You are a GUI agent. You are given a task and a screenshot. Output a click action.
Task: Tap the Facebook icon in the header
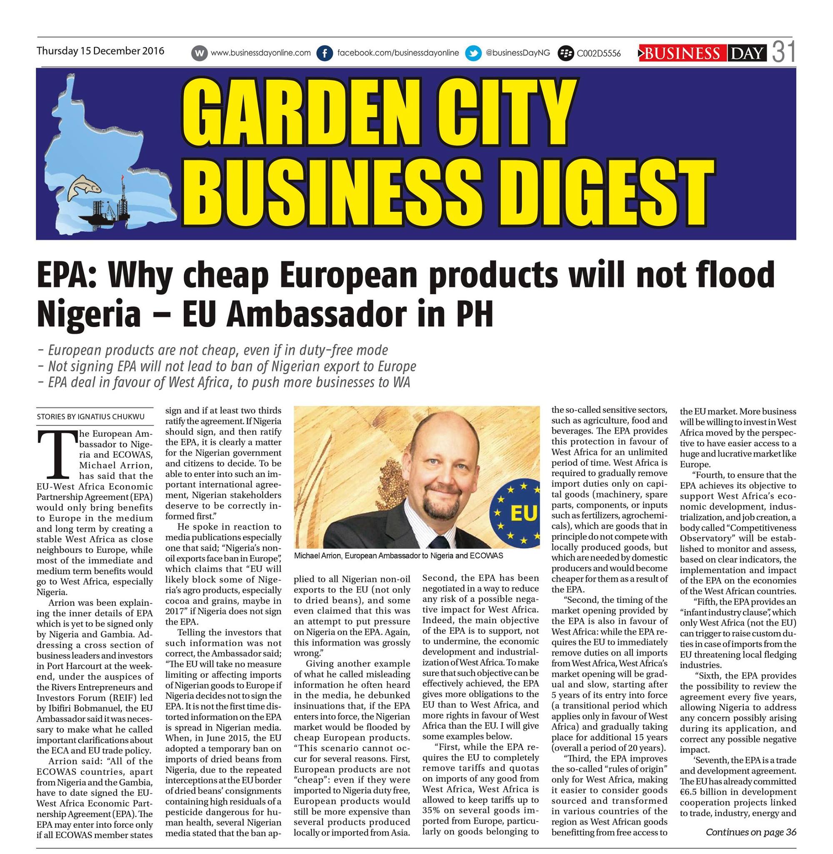tap(324, 53)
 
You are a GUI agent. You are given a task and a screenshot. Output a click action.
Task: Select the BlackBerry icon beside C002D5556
tap(566, 54)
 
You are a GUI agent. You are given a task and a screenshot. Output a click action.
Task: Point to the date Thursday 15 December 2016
tap(100, 51)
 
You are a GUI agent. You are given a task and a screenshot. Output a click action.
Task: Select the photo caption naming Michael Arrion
tap(398, 556)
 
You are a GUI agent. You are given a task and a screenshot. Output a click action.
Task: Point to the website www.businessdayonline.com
tap(260, 53)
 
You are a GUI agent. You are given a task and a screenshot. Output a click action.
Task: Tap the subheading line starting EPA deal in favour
tap(224, 382)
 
